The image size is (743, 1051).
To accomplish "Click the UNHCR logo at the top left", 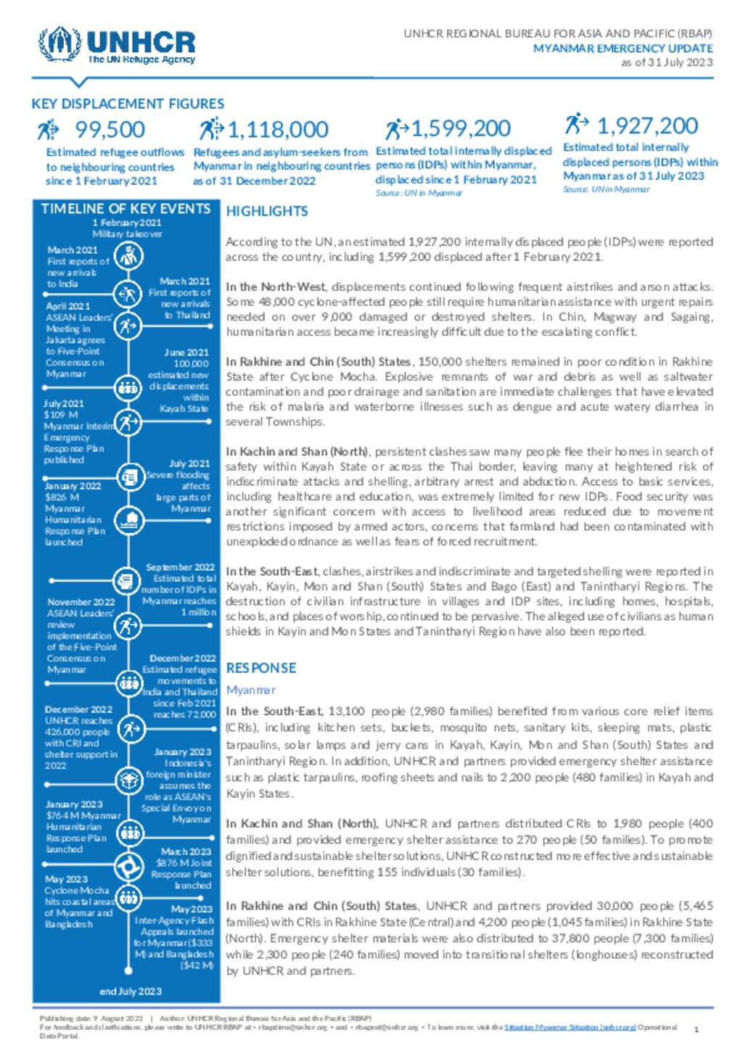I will coord(117,46).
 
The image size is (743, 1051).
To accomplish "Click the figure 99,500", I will coord(110,130).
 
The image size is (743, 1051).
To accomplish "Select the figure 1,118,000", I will coord(278,130).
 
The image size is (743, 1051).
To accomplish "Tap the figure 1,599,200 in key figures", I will coord(461,128).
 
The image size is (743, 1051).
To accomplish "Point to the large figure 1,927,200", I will coord(646,125).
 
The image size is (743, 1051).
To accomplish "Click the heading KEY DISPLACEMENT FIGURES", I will coord(128,104).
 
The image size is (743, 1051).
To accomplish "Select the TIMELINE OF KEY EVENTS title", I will coord(126,209).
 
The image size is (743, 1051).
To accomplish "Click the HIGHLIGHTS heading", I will coord(267,211).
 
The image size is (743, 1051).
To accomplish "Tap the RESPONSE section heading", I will coord(261,668).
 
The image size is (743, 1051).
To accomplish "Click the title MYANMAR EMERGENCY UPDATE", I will coord(623,48).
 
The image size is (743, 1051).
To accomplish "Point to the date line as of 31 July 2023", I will coord(667,62).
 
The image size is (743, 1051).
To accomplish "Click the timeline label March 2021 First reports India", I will coord(73,250).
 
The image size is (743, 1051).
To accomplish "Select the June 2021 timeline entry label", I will coord(186,353).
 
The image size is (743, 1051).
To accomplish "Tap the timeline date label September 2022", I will coord(181,567).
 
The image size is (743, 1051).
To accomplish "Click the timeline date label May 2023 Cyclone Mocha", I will coord(66,879).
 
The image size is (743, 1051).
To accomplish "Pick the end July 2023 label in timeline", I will coord(131,992).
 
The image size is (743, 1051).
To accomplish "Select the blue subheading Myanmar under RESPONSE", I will coord(251,690).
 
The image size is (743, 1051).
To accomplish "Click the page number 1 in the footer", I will coord(697,1029).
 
